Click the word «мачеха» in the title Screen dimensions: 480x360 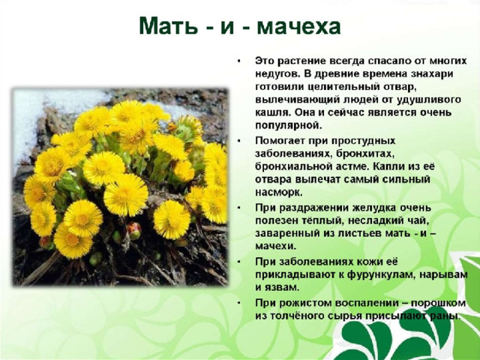coord(298,26)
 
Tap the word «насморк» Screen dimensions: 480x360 coord(278,192)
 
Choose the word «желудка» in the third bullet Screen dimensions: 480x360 coord(373,208)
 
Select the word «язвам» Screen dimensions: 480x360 coord(281,288)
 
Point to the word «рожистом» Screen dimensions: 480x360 coord(306,303)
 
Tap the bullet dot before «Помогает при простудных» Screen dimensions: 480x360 coord(239,141)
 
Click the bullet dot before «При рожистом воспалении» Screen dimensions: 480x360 coord(239,303)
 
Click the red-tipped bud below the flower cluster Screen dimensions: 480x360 coord(134,230)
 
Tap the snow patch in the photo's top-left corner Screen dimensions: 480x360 coord(29,116)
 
